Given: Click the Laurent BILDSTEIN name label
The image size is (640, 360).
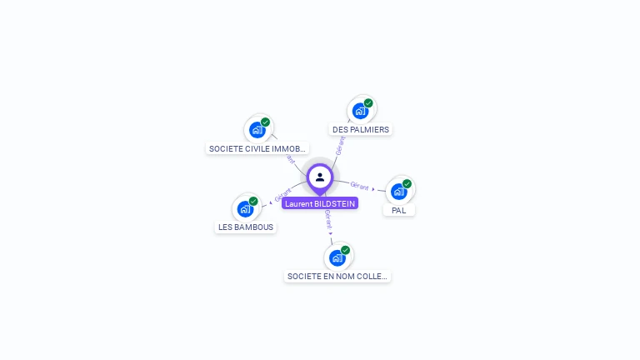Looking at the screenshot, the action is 320,203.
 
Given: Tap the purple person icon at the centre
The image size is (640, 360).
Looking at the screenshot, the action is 320,177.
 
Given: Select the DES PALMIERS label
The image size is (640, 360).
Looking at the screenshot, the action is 361,130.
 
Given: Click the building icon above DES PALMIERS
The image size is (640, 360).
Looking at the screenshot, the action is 360,111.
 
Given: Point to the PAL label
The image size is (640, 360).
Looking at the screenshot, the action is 399,211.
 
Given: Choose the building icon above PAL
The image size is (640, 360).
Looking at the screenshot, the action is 399,192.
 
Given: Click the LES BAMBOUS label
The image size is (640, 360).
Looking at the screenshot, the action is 246,227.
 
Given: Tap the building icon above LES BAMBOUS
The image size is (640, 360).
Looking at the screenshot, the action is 245,208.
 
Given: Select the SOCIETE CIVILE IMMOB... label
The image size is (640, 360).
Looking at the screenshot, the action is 257,149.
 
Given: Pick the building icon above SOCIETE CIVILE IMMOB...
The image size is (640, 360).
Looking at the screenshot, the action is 257,130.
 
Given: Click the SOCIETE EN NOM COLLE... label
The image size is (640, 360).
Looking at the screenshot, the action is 337,277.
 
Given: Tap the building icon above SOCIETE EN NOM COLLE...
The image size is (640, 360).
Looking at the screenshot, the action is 337,257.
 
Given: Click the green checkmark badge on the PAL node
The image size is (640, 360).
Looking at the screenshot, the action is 407,183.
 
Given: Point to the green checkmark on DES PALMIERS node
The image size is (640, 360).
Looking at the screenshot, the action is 368,103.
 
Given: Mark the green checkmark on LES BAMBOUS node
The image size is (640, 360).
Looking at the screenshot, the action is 253,201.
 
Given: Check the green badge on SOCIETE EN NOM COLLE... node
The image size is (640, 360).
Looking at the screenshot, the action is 345,250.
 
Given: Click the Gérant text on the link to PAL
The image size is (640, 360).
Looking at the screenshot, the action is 360,186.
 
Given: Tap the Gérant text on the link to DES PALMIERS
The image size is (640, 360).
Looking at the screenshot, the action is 340,147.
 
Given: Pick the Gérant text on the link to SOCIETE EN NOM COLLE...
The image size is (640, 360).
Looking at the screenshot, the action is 328,218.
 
